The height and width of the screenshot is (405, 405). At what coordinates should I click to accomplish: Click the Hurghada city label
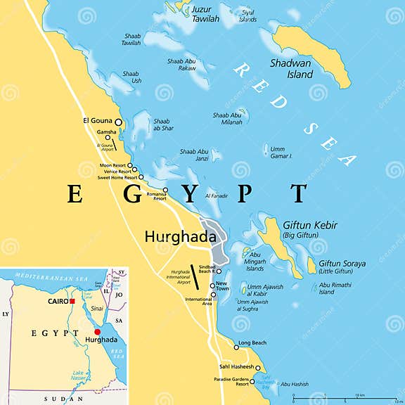[180, 238]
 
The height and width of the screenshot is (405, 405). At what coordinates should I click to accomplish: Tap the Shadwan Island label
[290, 67]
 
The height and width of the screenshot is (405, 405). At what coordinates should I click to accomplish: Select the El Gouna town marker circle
[118, 122]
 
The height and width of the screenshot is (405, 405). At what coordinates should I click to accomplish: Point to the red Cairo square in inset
[72, 302]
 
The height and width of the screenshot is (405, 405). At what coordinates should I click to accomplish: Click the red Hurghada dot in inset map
[97, 331]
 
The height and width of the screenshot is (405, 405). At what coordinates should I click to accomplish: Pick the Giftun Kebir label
[309, 230]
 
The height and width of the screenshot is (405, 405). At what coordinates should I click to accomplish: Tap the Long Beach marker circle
[236, 346]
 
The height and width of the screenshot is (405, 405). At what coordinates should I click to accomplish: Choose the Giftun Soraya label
[342, 268]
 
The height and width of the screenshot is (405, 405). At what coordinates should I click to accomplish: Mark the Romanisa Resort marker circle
[165, 191]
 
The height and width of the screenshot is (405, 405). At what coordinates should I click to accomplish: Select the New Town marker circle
[212, 286]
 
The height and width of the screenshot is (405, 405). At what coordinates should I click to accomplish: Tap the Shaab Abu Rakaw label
[181, 65]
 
